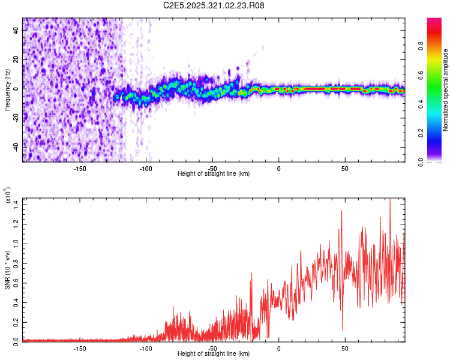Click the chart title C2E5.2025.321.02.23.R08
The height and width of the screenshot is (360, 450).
(x=214, y=5)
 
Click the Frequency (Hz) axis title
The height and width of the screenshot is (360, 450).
(x=7, y=90)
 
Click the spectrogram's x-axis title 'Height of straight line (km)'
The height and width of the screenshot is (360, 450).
(x=214, y=173)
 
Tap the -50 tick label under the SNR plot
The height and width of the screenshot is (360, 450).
(x=212, y=347)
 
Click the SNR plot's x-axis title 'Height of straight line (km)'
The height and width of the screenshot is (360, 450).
(x=214, y=353)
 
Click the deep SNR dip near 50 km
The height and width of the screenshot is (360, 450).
(x=343, y=329)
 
